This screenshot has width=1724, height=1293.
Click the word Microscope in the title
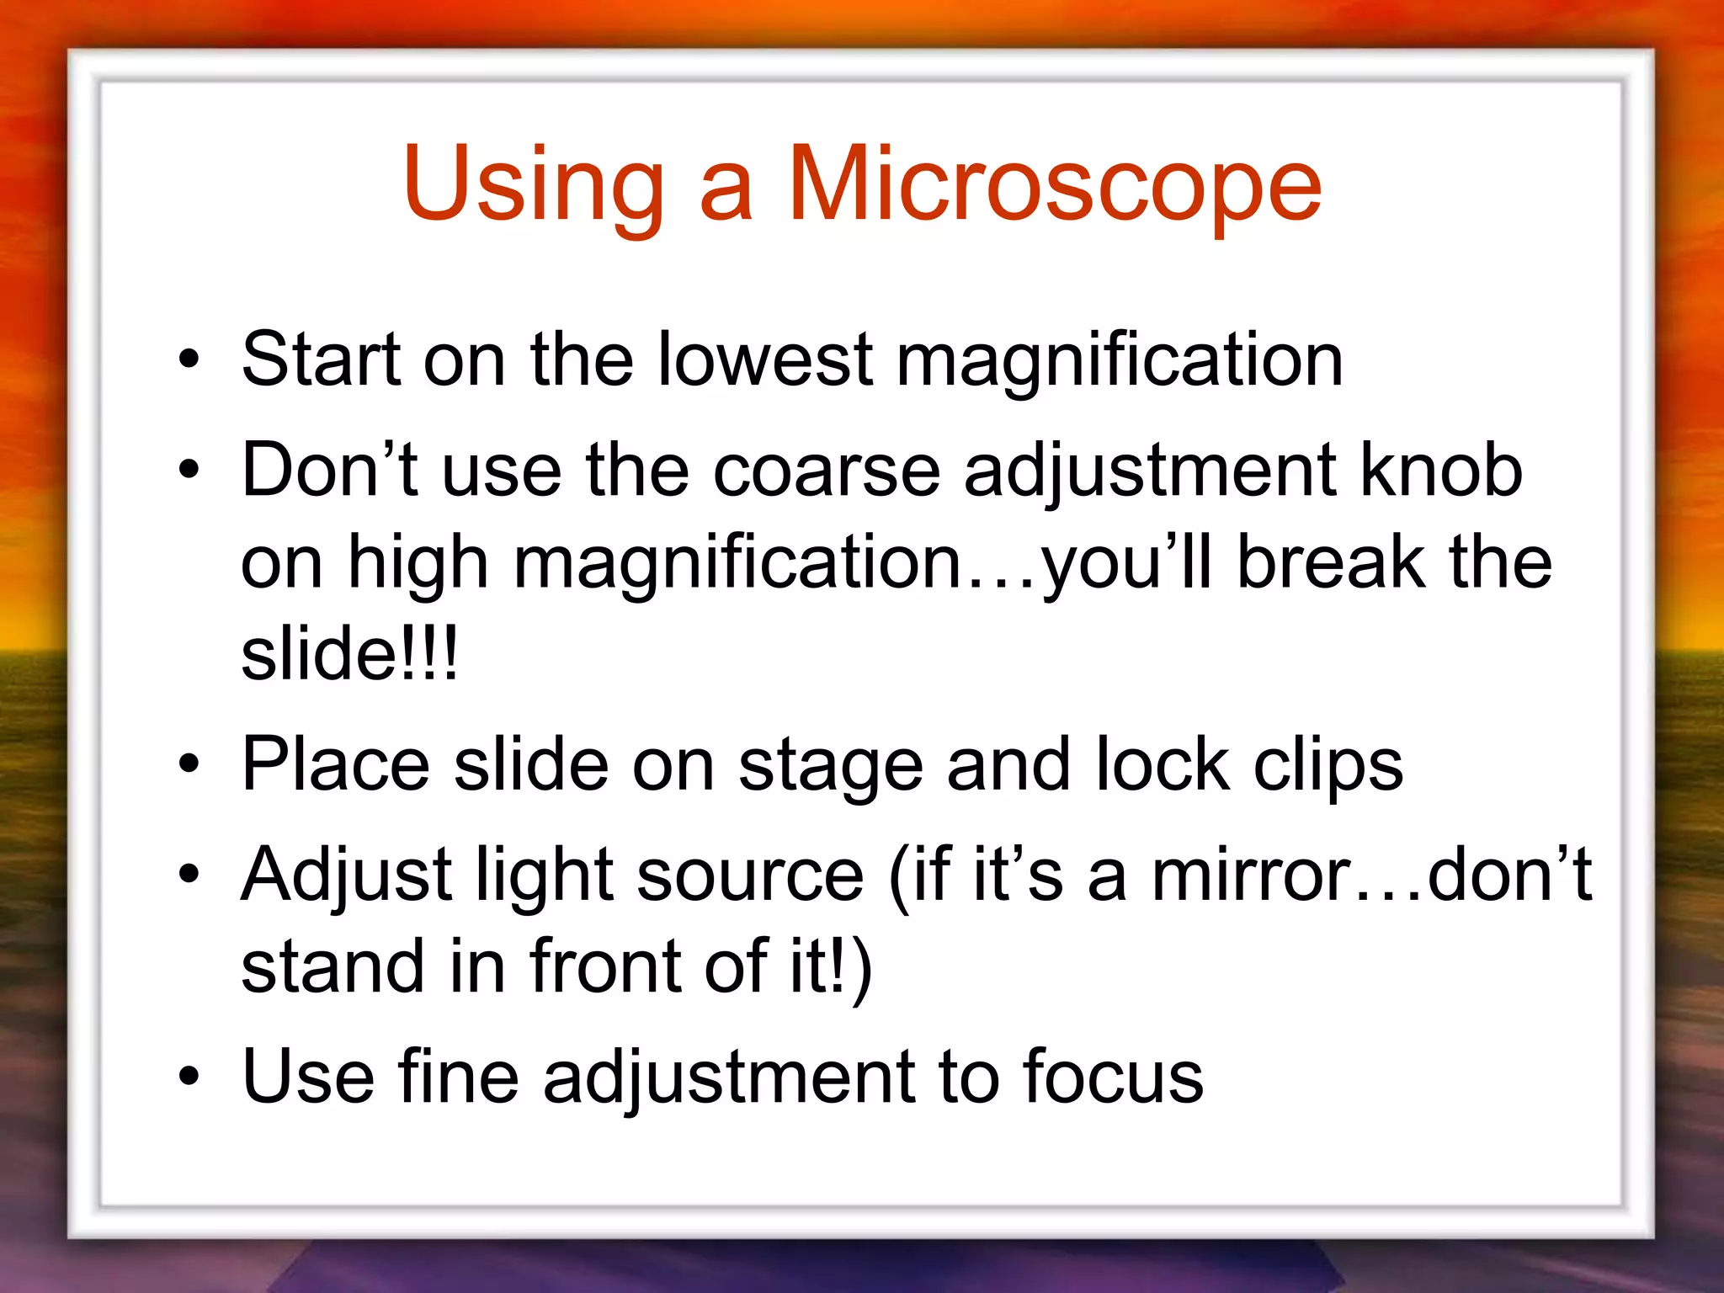1054,185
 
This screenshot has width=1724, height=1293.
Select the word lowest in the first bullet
764,359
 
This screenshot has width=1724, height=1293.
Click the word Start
321,359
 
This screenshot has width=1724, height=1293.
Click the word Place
335,764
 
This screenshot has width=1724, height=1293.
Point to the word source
750,875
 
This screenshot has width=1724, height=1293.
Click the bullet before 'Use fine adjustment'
189,1077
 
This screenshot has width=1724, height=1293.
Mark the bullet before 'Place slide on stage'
189,764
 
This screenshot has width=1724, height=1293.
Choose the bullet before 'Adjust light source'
189,875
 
